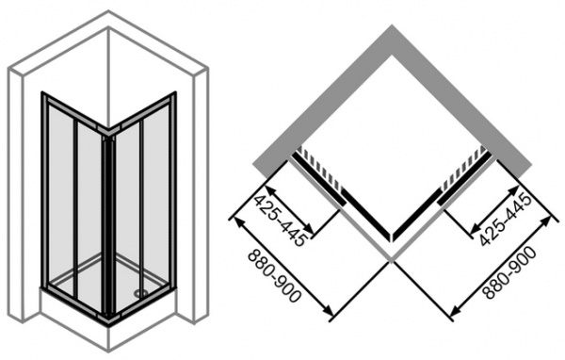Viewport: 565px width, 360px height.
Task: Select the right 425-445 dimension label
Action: click(506, 220)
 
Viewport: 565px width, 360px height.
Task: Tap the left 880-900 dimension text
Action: click(275, 276)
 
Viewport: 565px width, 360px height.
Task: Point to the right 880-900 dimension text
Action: click(509, 273)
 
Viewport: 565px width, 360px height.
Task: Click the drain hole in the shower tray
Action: click(137, 293)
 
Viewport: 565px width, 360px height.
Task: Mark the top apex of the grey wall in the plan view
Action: click(392, 25)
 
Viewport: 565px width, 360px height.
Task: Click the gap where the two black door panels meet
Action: click(392, 237)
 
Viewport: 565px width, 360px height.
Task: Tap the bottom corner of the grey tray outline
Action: click(392, 258)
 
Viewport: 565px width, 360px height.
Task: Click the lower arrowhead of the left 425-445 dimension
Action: click(309, 230)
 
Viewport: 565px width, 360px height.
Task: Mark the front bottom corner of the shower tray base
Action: click(108, 351)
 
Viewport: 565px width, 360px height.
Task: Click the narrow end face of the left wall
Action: click(16, 195)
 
